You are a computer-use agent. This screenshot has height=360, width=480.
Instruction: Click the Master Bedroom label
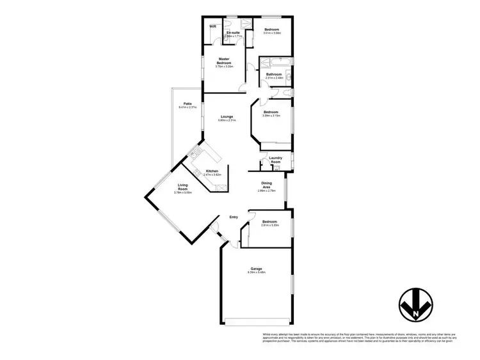tap(223, 61)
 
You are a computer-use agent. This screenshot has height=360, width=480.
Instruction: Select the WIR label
tap(212, 27)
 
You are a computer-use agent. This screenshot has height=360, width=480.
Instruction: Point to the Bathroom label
tap(275, 74)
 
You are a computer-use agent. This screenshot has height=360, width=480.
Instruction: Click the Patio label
tap(188, 104)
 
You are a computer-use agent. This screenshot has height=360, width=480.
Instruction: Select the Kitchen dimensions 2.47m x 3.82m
tap(212, 175)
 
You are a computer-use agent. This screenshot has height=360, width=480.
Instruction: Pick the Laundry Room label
tap(276, 160)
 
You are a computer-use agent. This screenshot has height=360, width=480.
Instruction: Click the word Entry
tap(234, 217)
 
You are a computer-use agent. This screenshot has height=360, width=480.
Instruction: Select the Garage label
tap(256, 269)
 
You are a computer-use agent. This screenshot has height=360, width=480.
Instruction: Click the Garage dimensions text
tap(256, 273)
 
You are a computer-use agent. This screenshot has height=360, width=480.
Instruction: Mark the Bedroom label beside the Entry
tap(269, 221)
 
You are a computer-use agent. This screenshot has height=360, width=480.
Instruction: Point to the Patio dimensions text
tap(188, 107)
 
